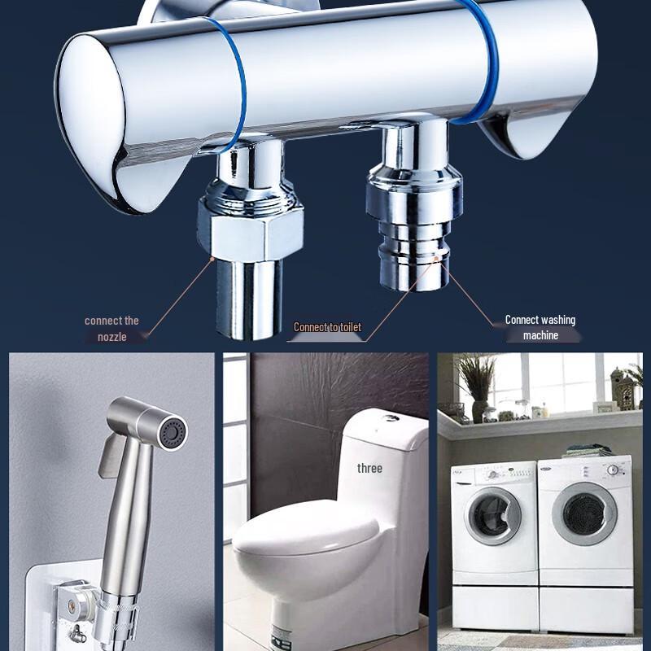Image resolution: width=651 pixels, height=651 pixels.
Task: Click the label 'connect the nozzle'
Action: click(x=111, y=328)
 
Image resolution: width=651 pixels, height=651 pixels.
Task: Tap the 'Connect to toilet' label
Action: click(x=327, y=327)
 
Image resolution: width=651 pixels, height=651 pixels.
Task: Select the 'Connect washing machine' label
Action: click(x=540, y=327)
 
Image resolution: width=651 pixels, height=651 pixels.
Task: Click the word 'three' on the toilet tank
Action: click(x=369, y=468)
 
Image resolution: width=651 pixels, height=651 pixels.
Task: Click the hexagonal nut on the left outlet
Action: click(x=250, y=228)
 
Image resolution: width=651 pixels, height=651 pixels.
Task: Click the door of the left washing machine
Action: click(x=492, y=515)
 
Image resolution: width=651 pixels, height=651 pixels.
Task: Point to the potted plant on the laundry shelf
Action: click(x=476, y=382)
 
